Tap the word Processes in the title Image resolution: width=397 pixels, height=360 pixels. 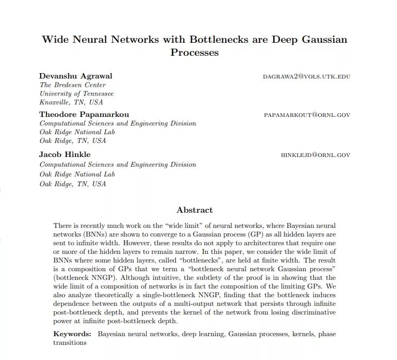coord(194,53)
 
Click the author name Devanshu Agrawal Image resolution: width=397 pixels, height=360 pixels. coord(76,76)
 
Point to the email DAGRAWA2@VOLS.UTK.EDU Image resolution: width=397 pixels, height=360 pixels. coord(307,76)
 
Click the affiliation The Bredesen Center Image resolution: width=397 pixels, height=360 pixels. coord(72,85)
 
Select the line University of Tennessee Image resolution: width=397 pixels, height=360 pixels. coord(77,94)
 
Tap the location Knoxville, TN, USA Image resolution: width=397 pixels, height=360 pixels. coord(71,102)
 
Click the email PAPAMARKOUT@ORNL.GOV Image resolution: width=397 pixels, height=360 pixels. coord(307,115)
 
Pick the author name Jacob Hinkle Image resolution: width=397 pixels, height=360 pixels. coord(65,154)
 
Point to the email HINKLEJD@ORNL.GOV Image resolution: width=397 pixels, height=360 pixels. coord(315,155)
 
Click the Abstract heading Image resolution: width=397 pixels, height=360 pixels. coord(195,210)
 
